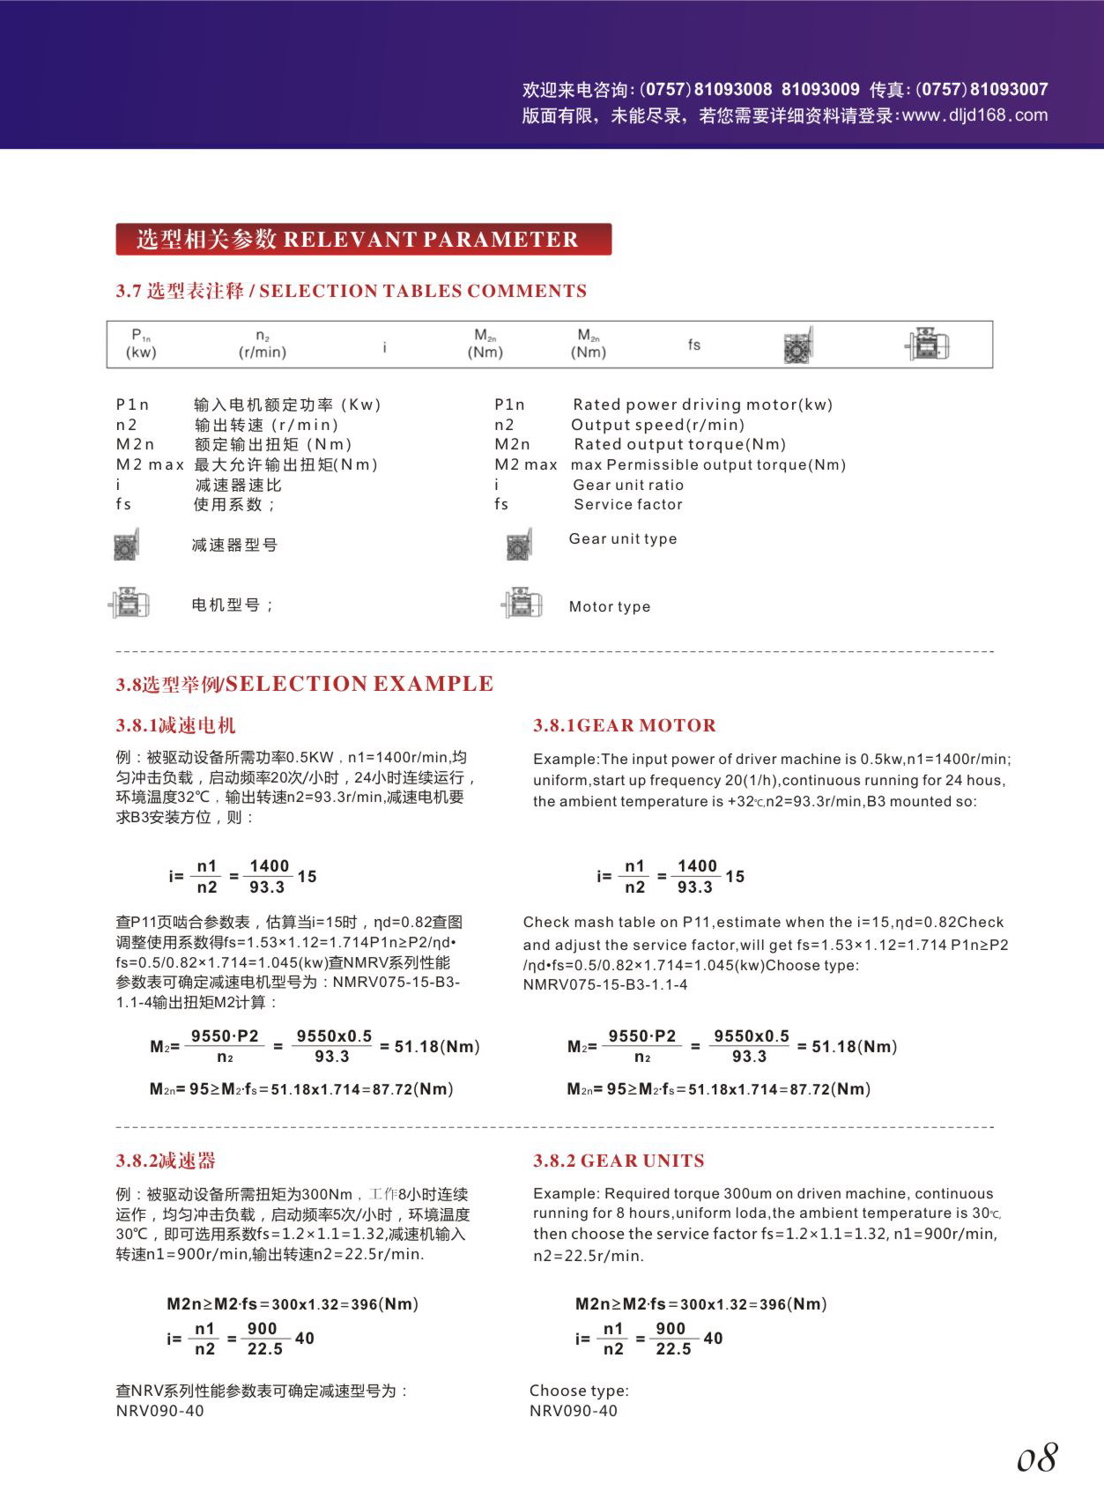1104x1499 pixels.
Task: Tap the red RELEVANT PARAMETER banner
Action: tap(363, 240)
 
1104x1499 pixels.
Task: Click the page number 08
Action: tap(1037, 1458)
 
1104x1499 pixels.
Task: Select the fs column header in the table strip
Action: tap(694, 345)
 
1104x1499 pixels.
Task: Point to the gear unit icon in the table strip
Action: tap(798, 345)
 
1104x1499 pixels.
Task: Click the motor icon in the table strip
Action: tap(927, 344)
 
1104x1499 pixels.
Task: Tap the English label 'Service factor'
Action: tap(627, 505)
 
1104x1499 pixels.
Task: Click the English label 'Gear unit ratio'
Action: tap(627, 485)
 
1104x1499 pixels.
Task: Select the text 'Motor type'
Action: tap(610, 606)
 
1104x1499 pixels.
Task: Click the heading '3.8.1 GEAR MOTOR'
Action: tap(625, 725)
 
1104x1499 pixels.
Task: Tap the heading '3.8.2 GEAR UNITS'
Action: tap(619, 1161)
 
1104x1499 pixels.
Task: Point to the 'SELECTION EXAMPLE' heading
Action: tap(359, 684)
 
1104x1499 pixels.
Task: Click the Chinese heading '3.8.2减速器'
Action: tap(166, 1161)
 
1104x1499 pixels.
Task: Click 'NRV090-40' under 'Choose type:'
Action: tap(574, 1411)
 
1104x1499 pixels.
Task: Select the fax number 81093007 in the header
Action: tap(1009, 90)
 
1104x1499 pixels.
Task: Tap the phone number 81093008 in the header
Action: tap(733, 90)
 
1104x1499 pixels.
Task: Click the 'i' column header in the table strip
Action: tap(384, 348)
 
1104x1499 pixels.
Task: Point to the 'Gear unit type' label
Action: tap(623, 538)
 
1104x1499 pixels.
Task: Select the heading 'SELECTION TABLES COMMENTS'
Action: tap(423, 291)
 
